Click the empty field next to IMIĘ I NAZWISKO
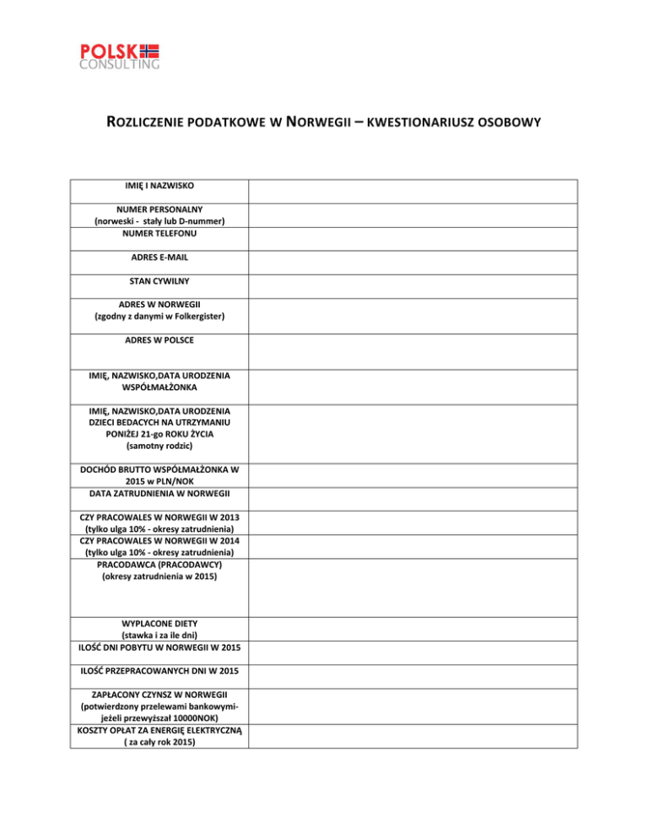(448, 190)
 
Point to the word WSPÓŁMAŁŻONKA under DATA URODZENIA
(159, 387)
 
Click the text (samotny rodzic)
(159, 445)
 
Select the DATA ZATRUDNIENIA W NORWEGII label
(159, 492)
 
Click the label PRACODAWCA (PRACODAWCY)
(159, 565)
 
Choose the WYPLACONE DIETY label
(159, 622)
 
